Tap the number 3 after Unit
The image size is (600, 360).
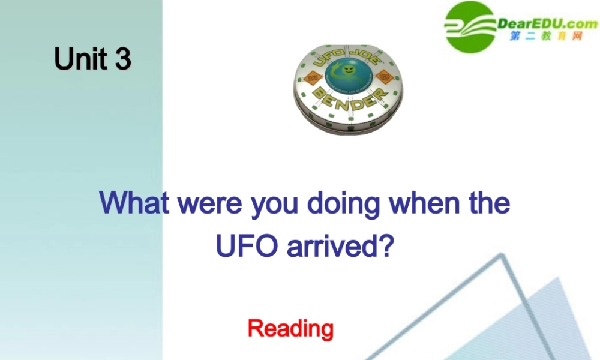[x=123, y=59]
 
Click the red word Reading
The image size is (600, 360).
[x=290, y=328]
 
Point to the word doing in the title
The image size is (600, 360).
[x=343, y=204]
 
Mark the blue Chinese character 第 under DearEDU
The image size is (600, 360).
[x=515, y=37]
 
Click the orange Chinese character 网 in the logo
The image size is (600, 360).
[x=577, y=37]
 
